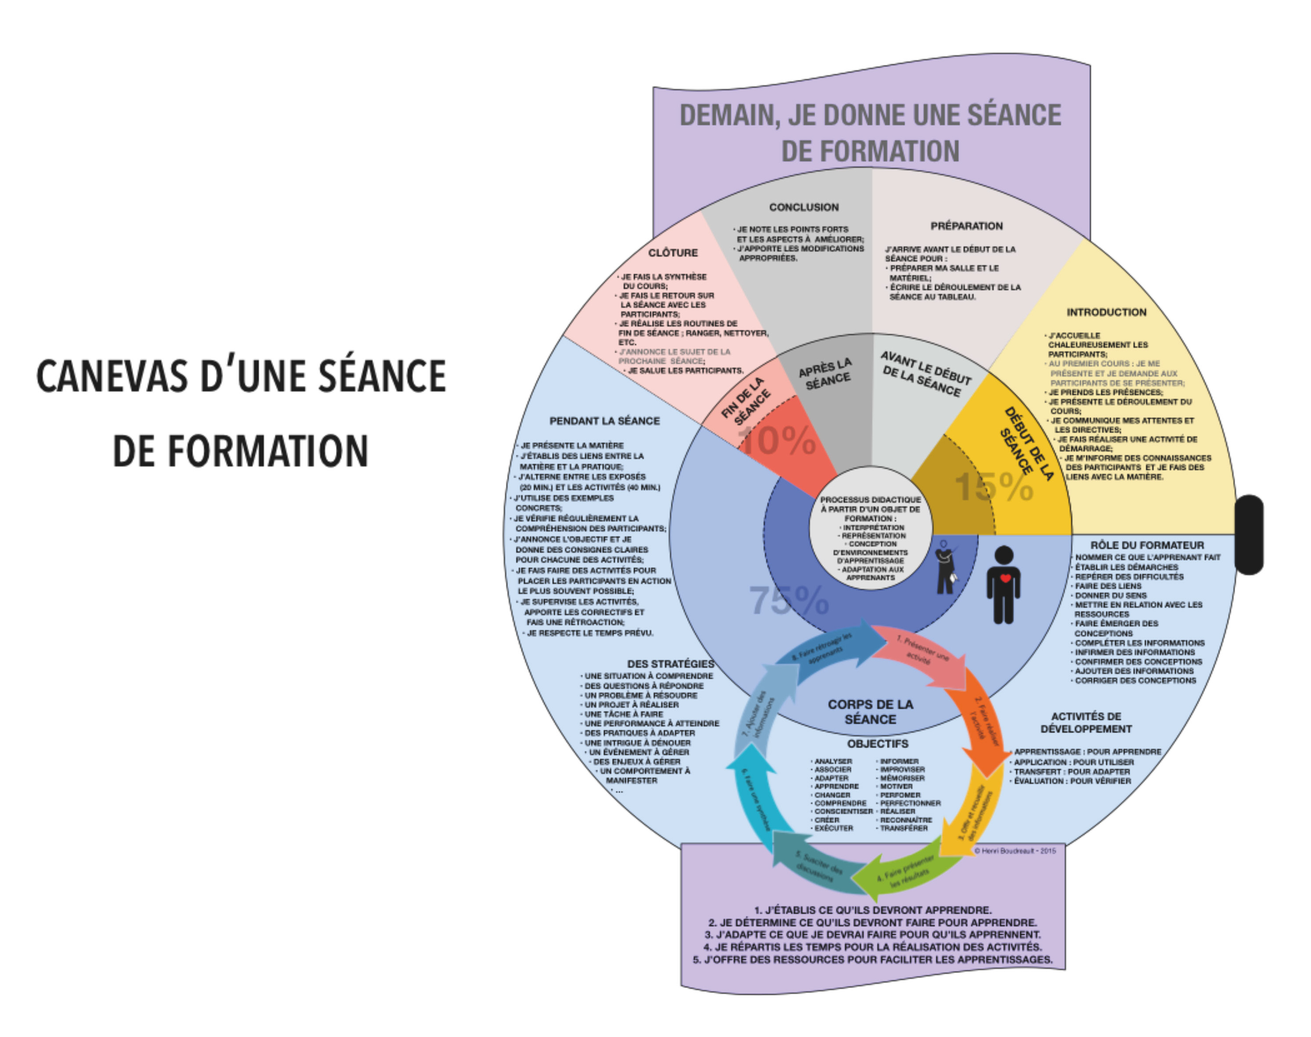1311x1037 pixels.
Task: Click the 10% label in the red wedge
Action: coord(778,440)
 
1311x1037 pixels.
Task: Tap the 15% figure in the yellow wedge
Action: coord(994,487)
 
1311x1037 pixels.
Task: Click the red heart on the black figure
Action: coord(1005,578)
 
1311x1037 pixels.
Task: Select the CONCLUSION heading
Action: coord(803,207)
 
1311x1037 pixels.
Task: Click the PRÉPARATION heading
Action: coord(966,226)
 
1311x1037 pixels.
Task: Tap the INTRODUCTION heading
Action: coord(1106,312)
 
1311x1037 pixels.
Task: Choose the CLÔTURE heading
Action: coord(672,253)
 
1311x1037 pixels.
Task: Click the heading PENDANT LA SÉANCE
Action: coord(604,421)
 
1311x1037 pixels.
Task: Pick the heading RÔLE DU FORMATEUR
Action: coord(1147,545)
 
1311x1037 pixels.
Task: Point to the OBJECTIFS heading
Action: coord(878,744)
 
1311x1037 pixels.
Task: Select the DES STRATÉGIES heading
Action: coord(670,664)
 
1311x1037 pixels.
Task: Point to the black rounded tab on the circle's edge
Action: coord(1248,534)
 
